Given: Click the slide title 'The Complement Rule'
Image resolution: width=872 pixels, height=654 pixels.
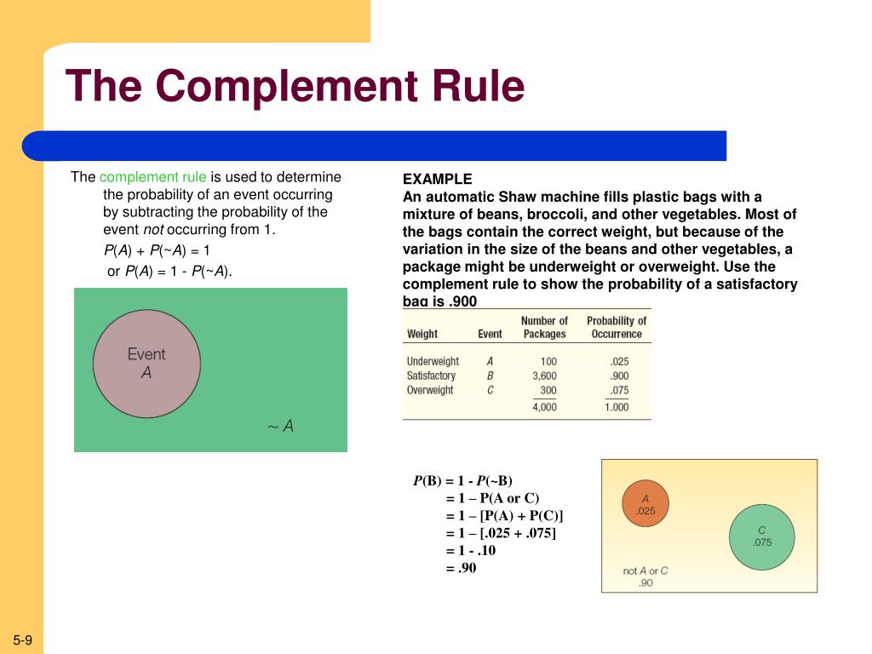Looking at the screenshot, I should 295,86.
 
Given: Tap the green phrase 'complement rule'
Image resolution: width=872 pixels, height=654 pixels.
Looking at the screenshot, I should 152,177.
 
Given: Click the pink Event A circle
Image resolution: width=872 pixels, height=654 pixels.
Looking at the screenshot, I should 146,363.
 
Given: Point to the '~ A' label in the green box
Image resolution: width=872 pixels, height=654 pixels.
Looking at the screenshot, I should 280,427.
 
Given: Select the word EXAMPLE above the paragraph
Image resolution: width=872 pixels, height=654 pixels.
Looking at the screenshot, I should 437,179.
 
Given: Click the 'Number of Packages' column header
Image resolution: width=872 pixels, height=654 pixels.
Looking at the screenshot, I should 544,327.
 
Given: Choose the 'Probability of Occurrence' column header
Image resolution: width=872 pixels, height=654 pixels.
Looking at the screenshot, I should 616,327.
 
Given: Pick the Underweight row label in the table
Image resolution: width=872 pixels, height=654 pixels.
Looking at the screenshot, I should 433,361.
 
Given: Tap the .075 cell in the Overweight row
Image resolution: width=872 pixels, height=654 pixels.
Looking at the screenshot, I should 619,390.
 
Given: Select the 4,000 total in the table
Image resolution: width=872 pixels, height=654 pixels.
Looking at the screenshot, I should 544,407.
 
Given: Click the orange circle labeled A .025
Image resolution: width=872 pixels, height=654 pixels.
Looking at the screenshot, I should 645,503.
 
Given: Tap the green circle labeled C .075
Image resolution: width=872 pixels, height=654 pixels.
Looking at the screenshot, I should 761,536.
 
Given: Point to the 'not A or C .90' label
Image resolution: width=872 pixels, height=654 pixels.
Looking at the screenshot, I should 645,577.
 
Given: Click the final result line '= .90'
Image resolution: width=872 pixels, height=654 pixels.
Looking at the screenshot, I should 462,567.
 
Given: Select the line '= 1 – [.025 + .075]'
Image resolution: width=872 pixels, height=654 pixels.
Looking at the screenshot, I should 501,533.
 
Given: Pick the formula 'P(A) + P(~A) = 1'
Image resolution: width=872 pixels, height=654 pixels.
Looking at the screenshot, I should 157,250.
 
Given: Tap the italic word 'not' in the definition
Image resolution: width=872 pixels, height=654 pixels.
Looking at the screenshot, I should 153,229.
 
